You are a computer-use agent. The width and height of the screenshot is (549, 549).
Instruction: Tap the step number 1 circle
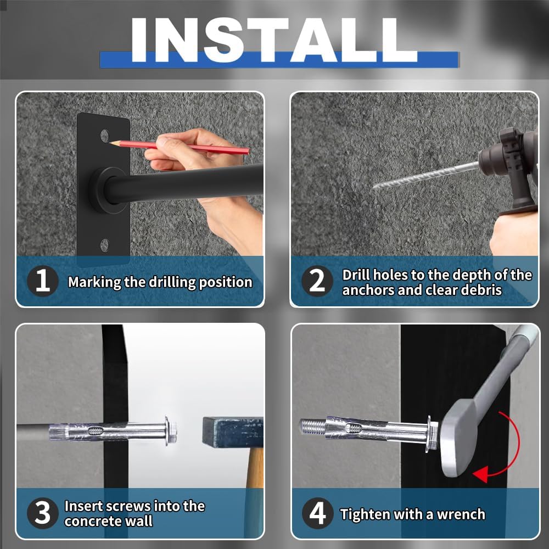[x=42, y=281]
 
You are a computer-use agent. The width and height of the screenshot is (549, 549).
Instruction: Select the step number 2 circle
[x=317, y=281]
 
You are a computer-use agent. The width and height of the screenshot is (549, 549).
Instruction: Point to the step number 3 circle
[x=42, y=513]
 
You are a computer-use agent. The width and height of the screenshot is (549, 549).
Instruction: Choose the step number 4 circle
[x=317, y=513]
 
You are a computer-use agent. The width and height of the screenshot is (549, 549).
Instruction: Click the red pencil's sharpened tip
[x=110, y=142]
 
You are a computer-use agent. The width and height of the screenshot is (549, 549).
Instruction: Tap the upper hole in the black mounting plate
[x=105, y=135]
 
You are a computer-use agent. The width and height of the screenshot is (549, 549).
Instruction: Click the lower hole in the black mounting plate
[x=105, y=245]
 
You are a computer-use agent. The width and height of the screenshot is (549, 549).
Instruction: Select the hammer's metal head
[x=233, y=433]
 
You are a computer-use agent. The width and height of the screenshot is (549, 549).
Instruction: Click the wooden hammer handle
[x=255, y=467]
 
